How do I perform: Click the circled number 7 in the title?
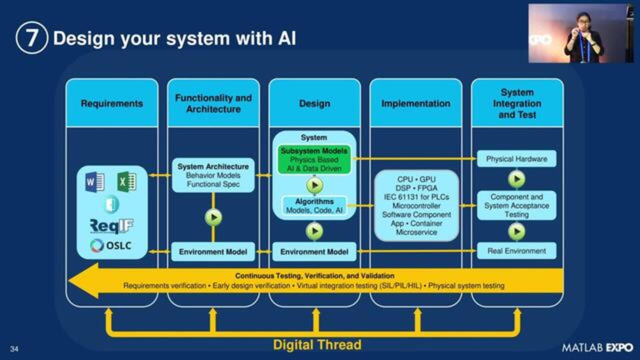tap(31, 38)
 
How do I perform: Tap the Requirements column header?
tap(111, 103)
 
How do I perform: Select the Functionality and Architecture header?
tap(213, 103)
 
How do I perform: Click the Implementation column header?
tap(415, 103)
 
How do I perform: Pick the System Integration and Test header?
tap(517, 103)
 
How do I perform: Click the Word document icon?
tap(95, 181)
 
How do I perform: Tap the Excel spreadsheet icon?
tap(126, 181)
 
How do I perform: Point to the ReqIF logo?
tap(111, 226)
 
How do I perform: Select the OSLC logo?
tap(111, 246)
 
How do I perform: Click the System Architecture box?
tap(213, 175)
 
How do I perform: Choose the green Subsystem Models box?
tap(314, 159)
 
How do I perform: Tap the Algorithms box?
tap(314, 206)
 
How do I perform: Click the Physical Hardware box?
tap(516, 159)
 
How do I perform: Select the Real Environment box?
tap(516, 250)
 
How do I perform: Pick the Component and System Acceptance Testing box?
tap(516, 205)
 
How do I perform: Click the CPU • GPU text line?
tap(416, 179)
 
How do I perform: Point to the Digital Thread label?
tap(317, 345)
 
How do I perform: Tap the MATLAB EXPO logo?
tap(597, 347)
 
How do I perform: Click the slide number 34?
tap(14, 349)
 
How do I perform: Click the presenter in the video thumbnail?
tap(582, 37)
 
